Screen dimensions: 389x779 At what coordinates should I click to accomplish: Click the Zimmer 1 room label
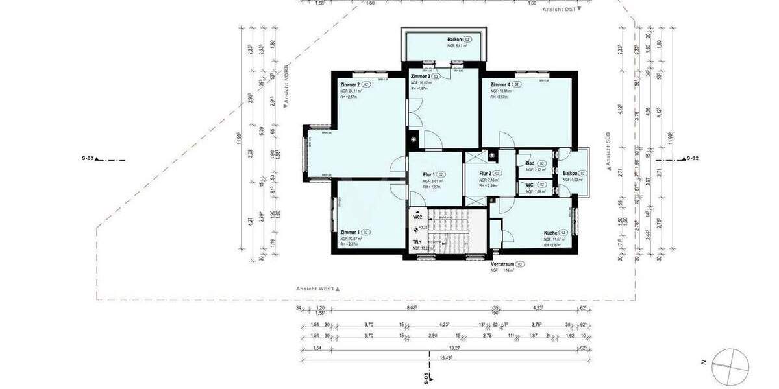[350, 232]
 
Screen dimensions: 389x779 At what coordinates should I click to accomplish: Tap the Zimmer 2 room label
[350, 85]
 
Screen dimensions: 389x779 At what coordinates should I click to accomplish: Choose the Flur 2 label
[484, 174]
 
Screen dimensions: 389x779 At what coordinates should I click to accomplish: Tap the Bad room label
[530, 163]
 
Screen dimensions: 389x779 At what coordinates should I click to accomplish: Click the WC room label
[530, 185]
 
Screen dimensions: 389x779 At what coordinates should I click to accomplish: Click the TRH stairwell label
[417, 242]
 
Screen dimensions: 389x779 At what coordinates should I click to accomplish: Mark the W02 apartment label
[417, 218]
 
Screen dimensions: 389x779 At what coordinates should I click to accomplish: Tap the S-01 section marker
[427, 378]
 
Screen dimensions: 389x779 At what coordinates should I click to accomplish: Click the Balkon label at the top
[454, 40]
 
